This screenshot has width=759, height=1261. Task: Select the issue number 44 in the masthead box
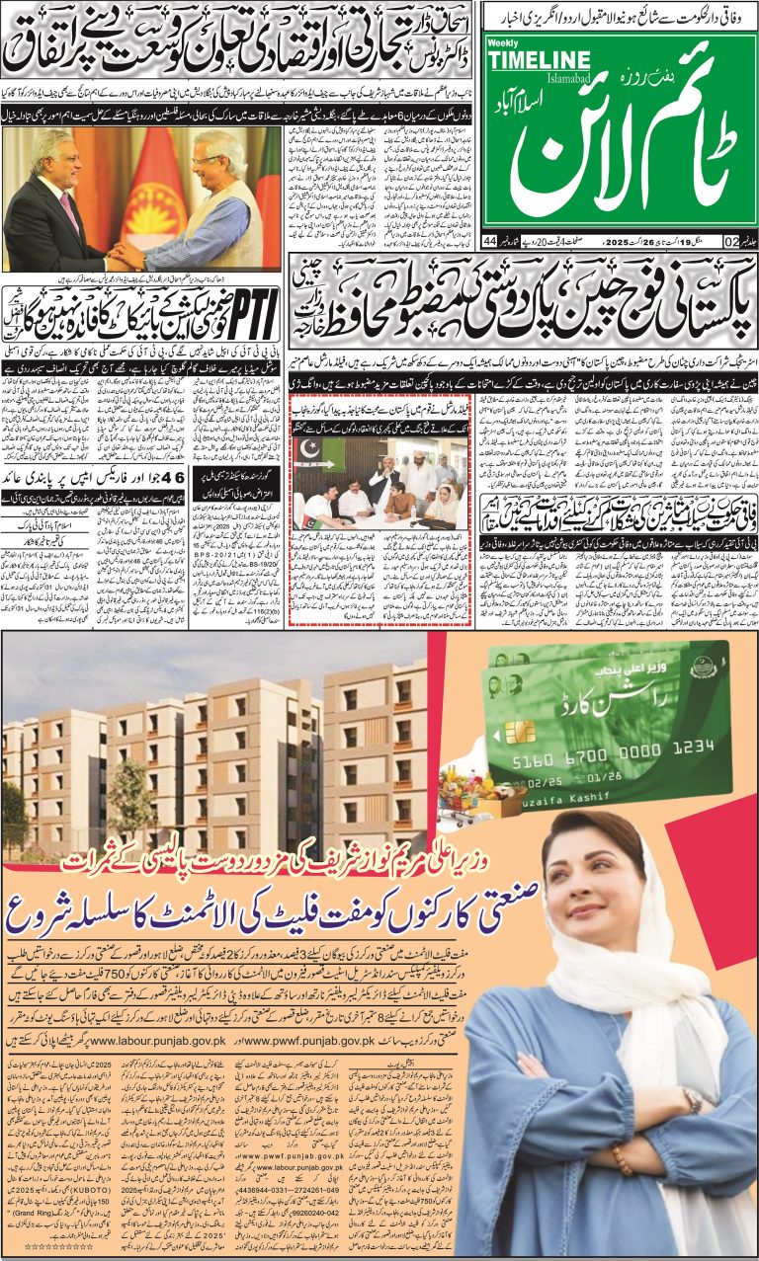pyautogui.click(x=490, y=240)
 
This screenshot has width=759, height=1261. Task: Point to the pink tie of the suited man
pyautogui.click(x=68, y=212)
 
